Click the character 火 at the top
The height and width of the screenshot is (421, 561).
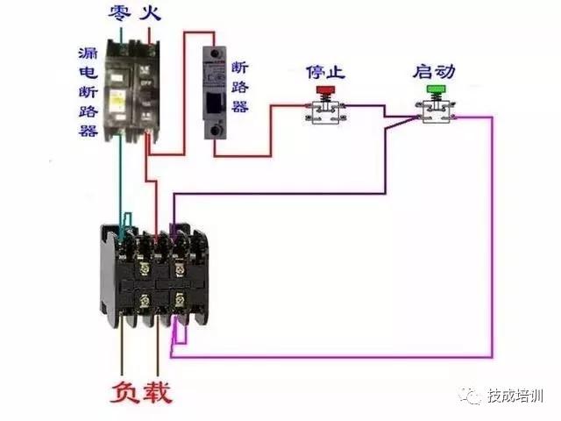point(153,12)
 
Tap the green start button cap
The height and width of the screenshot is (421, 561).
point(435,89)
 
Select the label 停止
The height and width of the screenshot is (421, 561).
point(323,70)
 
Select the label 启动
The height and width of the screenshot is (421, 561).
point(433,70)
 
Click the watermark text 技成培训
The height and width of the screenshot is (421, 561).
point(517,397)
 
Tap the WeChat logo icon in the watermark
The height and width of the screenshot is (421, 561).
point(473,397)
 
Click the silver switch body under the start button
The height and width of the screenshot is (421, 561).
point(435,112)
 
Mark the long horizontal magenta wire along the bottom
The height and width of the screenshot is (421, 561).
point(333,357)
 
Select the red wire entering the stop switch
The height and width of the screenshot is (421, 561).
point(289,106)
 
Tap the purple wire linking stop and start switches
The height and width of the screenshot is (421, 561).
point(377,107)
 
